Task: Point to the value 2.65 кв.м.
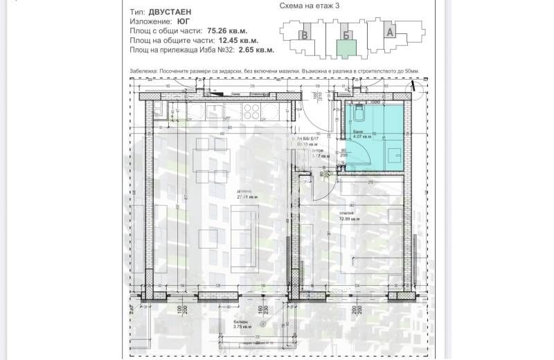[256, 50]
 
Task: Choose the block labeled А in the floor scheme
[390, 31]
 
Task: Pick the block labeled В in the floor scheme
[303, 35]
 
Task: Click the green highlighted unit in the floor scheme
[346, 48]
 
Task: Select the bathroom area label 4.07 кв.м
[363, 138]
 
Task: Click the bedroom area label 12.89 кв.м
[350, 219]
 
